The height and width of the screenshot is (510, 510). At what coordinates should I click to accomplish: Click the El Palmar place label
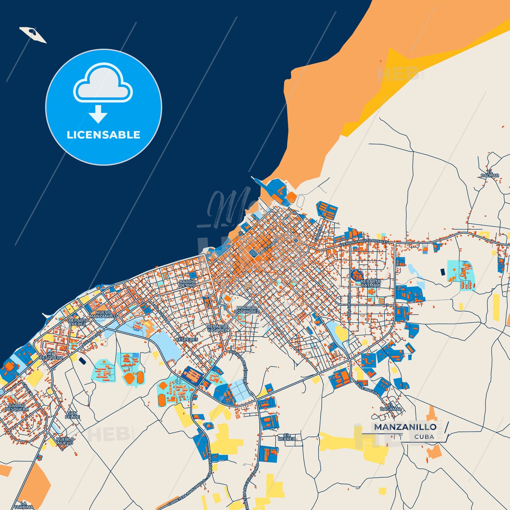[490, 174]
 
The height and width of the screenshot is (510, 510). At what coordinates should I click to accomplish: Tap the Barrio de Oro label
[187, 283]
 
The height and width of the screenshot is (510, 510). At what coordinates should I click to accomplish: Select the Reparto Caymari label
[371, 283]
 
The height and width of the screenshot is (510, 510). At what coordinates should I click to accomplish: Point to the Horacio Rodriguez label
[247, 310]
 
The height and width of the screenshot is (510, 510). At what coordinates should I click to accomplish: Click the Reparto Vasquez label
[217, 328]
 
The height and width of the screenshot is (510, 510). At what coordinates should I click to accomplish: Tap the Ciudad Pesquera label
[17, 408]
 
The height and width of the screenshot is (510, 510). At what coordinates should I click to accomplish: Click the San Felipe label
[72, 415]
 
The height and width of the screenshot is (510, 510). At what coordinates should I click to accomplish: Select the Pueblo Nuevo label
[65, 441]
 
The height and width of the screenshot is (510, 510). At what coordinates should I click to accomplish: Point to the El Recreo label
[287, 437]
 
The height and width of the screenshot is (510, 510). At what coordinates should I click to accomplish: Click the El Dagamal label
[391, 407]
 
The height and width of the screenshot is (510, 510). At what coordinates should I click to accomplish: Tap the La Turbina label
[24, 505]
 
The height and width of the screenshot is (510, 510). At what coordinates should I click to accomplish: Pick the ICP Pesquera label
[51, 356]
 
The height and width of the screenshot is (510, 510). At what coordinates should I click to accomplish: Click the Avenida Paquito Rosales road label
[364, 243]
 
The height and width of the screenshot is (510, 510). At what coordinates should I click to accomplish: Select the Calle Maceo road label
[366, 388]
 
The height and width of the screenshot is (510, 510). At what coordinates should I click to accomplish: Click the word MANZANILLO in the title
[405, 427]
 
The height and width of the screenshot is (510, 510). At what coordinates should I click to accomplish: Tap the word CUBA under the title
[424, 437]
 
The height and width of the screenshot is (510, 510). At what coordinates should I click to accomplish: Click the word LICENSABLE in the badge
[103, 135]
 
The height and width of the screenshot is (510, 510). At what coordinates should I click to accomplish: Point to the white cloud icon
[103, 84]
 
